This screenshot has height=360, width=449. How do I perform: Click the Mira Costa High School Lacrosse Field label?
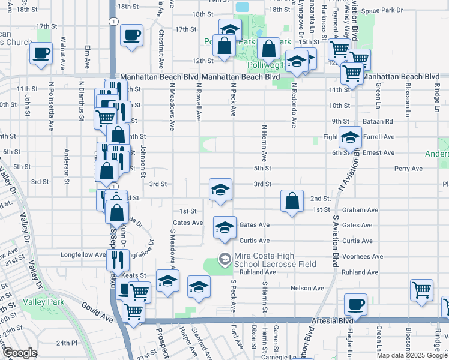[267, 260]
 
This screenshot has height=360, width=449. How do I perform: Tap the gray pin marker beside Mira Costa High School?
[224, 259]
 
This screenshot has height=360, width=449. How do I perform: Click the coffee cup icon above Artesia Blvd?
[356, 304]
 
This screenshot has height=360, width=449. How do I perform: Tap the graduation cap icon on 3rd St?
[220, 190]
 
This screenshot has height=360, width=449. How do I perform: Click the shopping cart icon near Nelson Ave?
[422, 290]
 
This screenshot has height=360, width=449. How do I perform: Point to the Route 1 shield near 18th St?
[113, 21]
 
